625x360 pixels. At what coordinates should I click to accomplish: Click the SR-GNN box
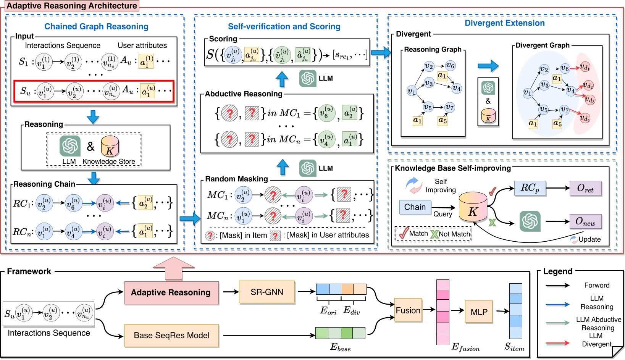coord(267,292)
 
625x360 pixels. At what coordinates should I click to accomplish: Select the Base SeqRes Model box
coord(171,336)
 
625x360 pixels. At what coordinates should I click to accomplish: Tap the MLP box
coord(479,312)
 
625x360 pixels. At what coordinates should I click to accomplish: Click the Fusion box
coord(408,310)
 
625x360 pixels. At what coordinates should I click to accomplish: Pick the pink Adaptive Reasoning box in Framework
coord(171,292)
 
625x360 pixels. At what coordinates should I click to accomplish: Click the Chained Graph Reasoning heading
coord(96,26)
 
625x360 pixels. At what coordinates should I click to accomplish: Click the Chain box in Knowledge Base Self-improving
coord(415,207)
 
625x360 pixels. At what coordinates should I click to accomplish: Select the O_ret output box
coord(585,188)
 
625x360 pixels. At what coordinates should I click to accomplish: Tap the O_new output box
coord(585,221)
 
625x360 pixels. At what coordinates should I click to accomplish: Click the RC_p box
coord(530,188)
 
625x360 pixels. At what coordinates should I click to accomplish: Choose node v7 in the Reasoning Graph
coord(449,108)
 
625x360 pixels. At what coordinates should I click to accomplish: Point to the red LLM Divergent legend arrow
coord(557,343)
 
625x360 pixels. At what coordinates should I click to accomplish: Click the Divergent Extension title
coord(504,23)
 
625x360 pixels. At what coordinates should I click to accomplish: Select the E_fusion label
coord(465,347)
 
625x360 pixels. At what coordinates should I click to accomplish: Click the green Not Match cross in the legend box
coord(434,234)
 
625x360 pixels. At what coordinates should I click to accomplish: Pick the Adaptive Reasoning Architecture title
coord(72,6)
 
